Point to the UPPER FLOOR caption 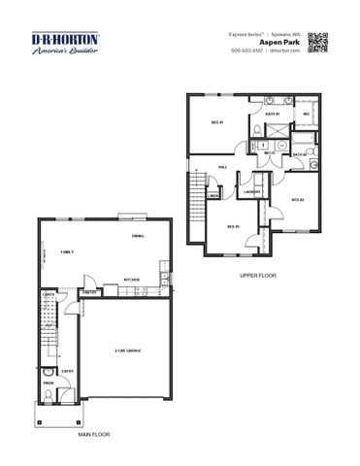(258, 276)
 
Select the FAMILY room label (67, 251)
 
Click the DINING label (139, 236)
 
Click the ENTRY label (67, 370)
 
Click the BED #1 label (217, 123)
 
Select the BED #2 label (298, 199)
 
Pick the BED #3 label (233, 227)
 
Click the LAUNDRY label (252, 191)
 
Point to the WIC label (306, 114)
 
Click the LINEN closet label (213, 195)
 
